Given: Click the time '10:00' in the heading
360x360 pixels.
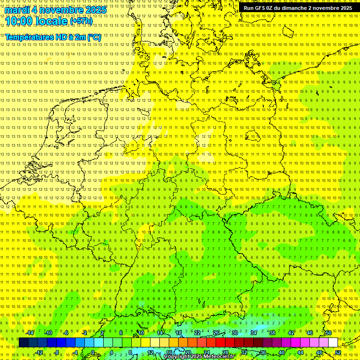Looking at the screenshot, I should (x=19, y=21).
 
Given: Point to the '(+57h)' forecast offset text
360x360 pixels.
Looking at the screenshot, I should (x=81, y=21).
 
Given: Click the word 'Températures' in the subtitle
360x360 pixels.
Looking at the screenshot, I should (x=29, y=37).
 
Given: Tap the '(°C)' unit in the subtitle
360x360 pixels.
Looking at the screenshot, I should (x=93, y=37).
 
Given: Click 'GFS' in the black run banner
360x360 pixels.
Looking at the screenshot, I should (x=262, y=8).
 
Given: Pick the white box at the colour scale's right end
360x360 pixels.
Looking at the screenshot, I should (x=333, y=342).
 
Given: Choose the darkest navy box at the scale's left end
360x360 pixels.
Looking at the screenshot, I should (x=23, y=342).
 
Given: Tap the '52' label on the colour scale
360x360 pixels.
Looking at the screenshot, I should (x=338, y=352).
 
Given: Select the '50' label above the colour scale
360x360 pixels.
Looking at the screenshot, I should (x=329, y=333).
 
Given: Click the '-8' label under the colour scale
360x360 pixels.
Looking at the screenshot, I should (x=57, y=352).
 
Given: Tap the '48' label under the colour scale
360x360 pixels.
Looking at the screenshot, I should (x=319, y=352).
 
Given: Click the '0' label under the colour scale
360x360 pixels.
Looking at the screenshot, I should (x=93, y=352).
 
